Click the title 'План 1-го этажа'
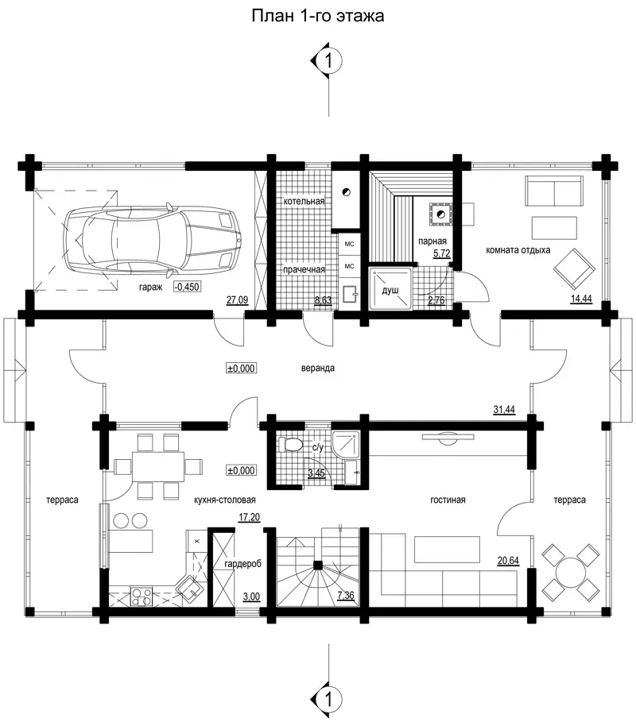click(317, 16)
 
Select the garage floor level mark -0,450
click(187, 287)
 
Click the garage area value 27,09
click(238, 300)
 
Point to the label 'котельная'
click(304, 201)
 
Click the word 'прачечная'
click(304, 270)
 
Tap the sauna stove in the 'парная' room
click(440, 214)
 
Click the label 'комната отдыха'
click(518, 250)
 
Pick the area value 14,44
click(581, 299)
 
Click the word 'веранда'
click(318, 369)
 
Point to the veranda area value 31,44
click(504, 410)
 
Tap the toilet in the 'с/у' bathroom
click(290, 444)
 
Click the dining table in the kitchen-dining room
click(158, 466)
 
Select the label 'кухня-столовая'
click(224, 500)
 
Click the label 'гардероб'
click(243, 564)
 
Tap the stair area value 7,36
click(346, 596)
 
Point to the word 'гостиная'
click(448, 500)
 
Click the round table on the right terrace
click(571, 573)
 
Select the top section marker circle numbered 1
click(328, 60)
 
